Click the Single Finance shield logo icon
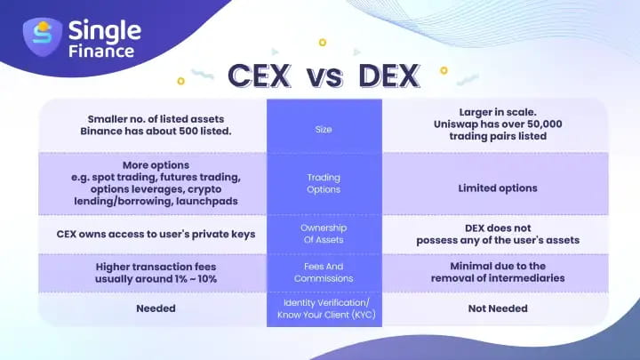42,37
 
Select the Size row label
324,130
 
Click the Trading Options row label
324,182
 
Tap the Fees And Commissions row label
324,272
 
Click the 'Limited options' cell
497,188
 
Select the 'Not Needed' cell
497,308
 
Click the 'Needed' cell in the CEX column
153,308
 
